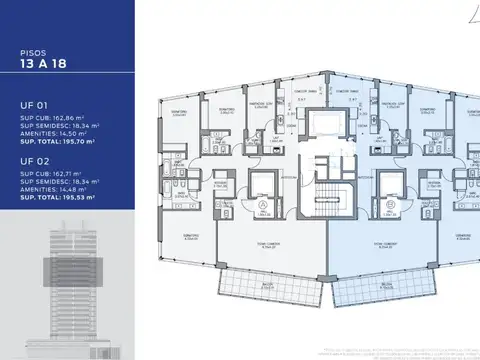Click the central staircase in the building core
(322, 199)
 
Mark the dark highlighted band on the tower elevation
(64, 271)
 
